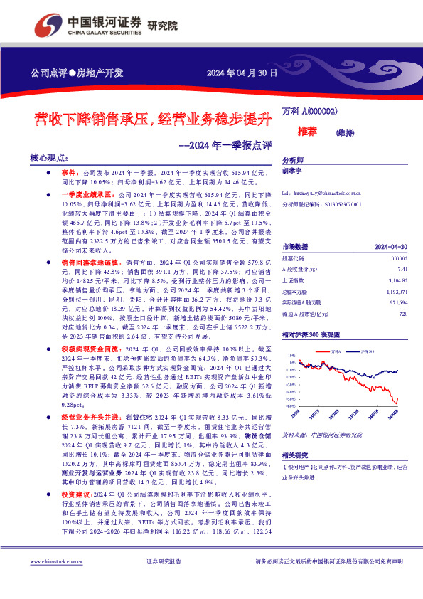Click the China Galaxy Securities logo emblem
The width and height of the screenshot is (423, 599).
(48, 26)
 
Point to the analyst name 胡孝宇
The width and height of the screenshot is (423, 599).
(293, 171)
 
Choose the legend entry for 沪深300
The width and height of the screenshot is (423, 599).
(368, 351)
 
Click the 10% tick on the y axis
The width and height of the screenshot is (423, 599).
(291, 355)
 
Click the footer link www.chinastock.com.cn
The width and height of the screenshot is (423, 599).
(53, 581)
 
